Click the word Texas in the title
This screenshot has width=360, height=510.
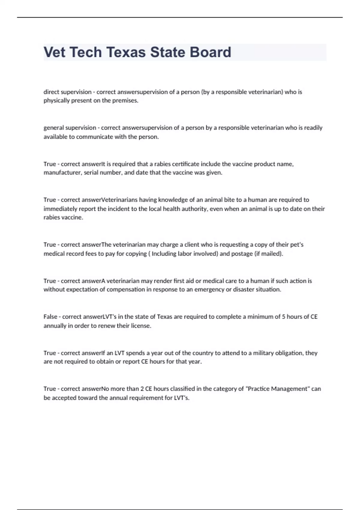point(126,52)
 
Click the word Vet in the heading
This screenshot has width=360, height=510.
point(55,52)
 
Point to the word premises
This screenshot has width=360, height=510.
point(125,101)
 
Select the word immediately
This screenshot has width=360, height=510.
point(58,209)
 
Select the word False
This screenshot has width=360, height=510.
point(50,317)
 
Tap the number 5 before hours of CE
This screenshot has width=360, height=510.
point(283,317)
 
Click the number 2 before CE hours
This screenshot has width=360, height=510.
point(142,389)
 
